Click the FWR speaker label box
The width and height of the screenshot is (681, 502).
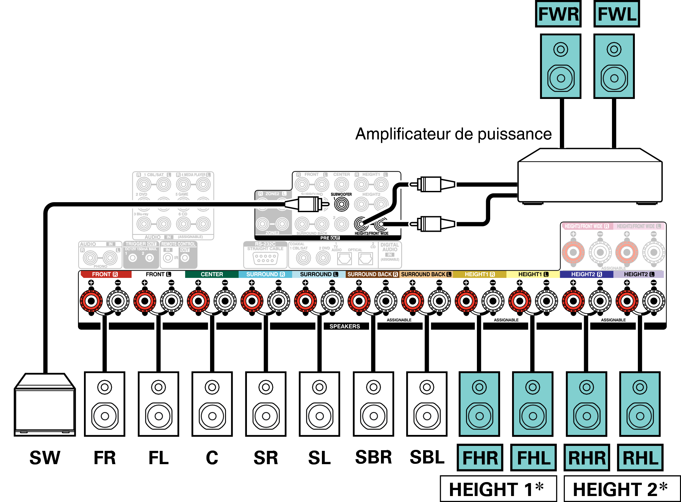click(558, 14)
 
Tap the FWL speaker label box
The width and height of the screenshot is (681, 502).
click(617, 14)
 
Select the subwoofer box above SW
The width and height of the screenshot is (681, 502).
click(45, 405)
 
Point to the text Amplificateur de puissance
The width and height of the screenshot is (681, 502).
click(453, 134)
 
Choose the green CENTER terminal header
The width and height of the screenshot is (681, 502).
click(212, 274)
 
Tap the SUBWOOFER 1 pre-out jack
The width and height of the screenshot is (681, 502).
click(341, 204)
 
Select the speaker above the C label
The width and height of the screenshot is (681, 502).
click(212, 404)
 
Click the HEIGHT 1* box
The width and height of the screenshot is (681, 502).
click(498, 489)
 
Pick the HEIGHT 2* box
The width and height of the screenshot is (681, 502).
click(622, 489)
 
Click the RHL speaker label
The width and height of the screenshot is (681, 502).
click(640, 458)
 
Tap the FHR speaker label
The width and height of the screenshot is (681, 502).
click(480, 458)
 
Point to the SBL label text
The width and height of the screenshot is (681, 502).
click(427, 457)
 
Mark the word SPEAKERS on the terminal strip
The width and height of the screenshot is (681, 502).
click(344, 326)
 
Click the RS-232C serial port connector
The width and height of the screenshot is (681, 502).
click(265, 258)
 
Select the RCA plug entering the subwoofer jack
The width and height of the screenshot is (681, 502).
click(309, 204)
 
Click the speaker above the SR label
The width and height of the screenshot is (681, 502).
click(266, 404)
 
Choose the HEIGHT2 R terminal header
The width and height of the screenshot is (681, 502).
click(586, 274)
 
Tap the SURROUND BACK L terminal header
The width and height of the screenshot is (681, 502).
click(426, 274)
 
